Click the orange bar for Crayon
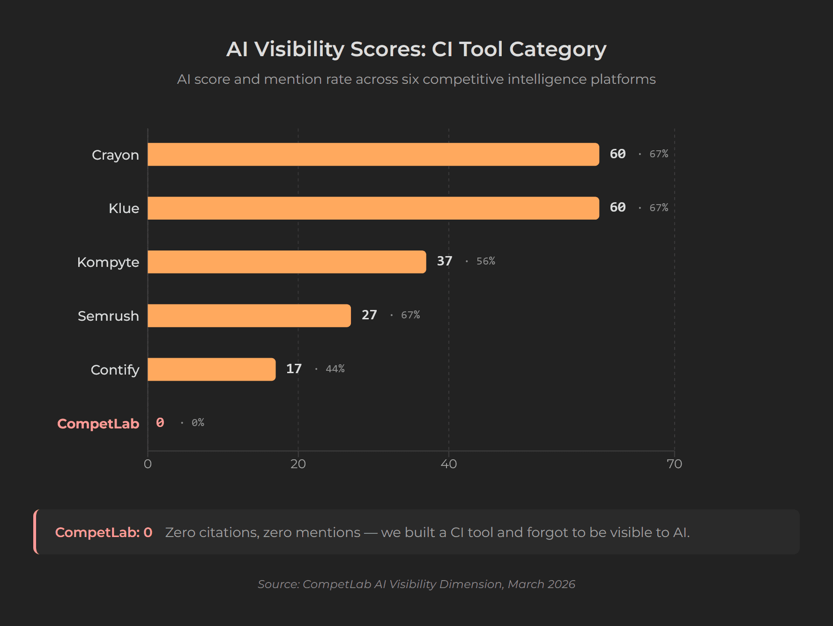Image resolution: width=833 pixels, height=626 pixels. tap(373, 155)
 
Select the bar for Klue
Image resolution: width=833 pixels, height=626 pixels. tap(373, 208)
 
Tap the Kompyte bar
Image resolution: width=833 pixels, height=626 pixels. tap(287, 262)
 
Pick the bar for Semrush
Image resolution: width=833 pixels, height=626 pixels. tap(249, 316)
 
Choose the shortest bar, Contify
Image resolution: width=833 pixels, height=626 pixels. tap(211, 369)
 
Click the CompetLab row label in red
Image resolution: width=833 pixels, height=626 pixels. tap(98, 424)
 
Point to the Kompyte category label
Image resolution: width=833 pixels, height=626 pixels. tap(108, 262)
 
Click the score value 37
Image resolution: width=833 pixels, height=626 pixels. tap(444, 261)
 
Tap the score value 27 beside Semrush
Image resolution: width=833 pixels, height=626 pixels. tap(369, 315)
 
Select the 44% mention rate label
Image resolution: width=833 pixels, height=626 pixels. tap(335, 369)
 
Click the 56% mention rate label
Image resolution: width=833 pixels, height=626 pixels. tap(485, 261)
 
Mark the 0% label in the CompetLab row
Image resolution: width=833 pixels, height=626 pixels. tap(198, 423)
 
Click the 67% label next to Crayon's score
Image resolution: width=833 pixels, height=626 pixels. tap(658, 154)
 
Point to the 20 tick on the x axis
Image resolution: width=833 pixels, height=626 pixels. tap(298, 464)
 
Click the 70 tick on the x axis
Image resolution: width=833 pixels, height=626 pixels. tap(674, 464)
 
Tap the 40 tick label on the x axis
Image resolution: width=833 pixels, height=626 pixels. tap(448, 464)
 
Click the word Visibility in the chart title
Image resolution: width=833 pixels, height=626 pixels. tap(299, 49)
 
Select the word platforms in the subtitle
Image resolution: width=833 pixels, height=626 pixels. tap(623, 79)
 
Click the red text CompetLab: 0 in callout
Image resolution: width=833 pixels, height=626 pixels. tap(104, 532)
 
